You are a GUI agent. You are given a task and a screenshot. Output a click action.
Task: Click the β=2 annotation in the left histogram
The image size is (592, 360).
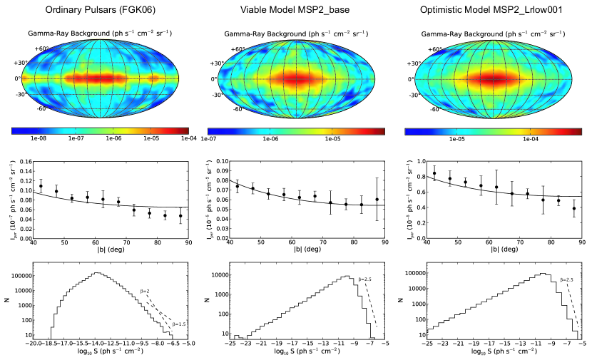coord(145,291)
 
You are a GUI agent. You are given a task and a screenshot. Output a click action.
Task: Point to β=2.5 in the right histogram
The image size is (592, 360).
coord(568,280)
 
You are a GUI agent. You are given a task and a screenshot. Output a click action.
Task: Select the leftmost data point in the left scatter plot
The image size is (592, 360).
coord(41,186)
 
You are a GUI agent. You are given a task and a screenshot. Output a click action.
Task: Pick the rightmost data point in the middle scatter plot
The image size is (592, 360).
coord(377,200)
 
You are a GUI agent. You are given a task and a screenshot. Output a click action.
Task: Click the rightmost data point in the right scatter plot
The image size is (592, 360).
coord(574,208)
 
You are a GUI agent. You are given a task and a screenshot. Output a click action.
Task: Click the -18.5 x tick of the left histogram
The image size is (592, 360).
coord(48,343)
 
